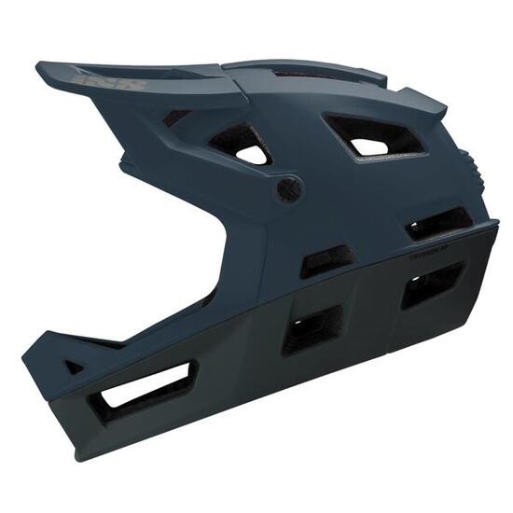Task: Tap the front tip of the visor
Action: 40,67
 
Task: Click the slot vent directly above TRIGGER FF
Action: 438,222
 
